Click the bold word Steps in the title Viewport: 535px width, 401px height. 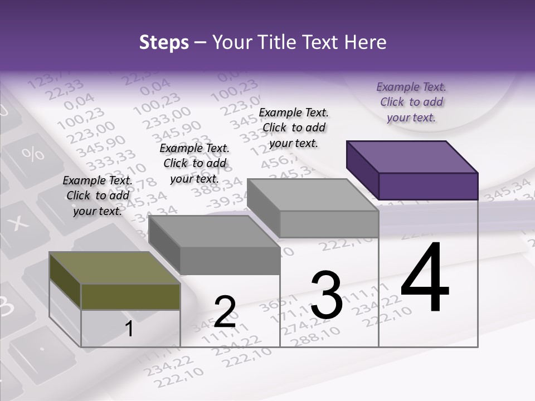click(164, 42)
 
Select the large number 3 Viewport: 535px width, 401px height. click(326, 295)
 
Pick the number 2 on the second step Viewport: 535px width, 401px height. click(225, 312)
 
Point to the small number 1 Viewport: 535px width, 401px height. click(129, 329)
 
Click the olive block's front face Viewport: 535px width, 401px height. click(130, 296)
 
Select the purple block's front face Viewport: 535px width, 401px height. click(428, 186)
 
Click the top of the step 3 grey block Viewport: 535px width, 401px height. click(313, 195)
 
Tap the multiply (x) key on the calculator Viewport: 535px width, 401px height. click(19, 223)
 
